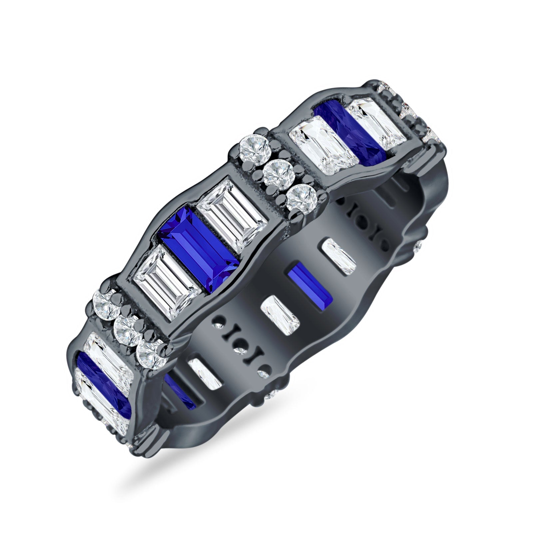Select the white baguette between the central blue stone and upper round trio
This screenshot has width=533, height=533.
[232, 216]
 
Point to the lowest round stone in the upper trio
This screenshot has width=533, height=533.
[298, 197]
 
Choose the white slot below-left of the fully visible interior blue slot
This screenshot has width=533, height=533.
[280, 315]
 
